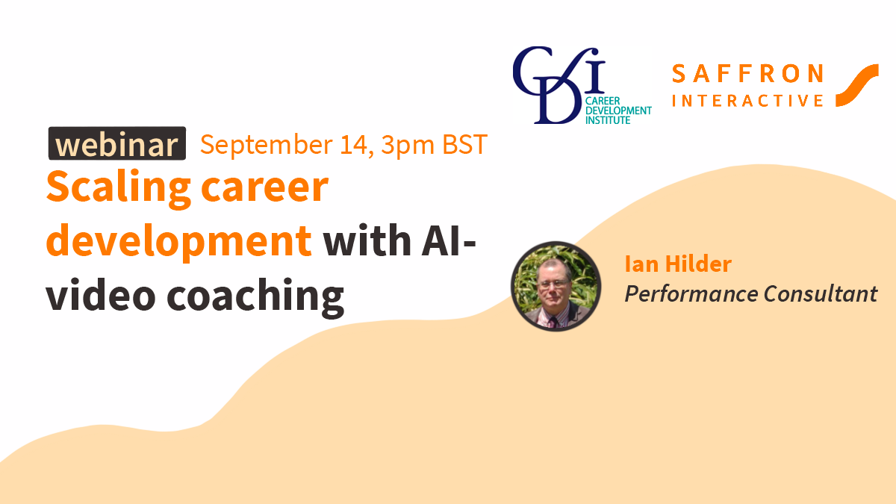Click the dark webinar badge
click(117, 143)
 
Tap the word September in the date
click(267, 145)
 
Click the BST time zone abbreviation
click(464, 144)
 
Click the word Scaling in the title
click(119, 189)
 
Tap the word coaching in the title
click(255, 298)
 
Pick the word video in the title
click(101, 294)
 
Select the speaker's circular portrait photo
click(556, 286)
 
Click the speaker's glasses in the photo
click(553, 284)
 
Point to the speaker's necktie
click(553, 322)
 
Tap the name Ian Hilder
click(679, 264)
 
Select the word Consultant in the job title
click(821, 293)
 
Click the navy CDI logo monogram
click(559, 85)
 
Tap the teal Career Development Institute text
click(618, 111)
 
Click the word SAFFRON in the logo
click(747, 74)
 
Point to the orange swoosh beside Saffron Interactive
click(857, 85)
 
